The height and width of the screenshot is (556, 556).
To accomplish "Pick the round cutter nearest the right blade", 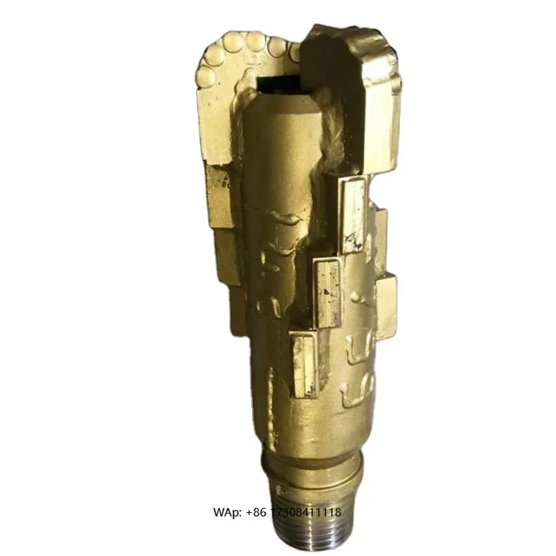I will click(294, 52).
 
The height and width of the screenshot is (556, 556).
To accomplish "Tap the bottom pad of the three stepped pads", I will click(304, 363).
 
